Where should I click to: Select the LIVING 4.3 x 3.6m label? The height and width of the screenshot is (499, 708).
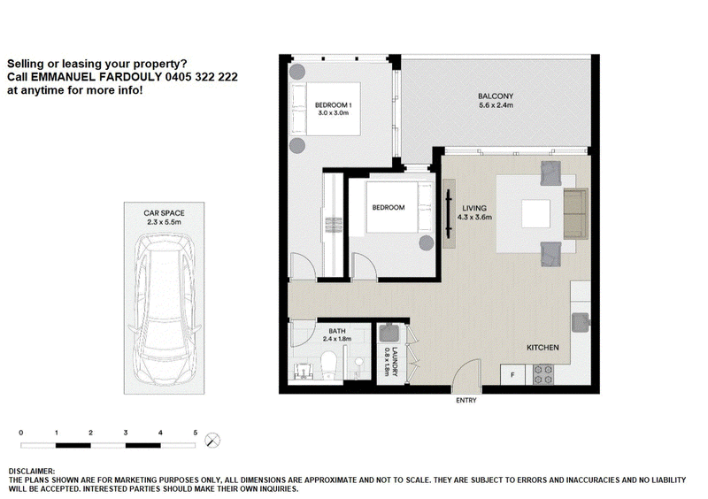pyautogui.click(x=474, y=212)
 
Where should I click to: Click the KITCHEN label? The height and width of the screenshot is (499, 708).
pyautogui.click(x=543, y=348)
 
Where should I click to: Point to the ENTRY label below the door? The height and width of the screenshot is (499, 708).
pyautogui.click(x=466, y=400)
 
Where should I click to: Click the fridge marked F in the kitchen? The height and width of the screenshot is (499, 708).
pyautogui.click(x=512, y=375)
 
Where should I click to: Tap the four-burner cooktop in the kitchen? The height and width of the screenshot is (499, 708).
pyautogui.click(x=543, y=375)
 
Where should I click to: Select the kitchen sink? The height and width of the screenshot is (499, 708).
pyautogui.click(x=581, y=323)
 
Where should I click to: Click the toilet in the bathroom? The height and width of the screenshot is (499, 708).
pyautogui.click(x=328, y=365)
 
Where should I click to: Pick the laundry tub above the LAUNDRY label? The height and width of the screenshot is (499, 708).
pyautogui.click(x=388, y=333)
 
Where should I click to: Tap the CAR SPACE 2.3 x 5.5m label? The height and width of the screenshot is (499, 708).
pyautogui.click(x=164, y=218)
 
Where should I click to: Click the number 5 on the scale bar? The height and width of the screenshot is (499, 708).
pyautogui.click(x=195, y=433)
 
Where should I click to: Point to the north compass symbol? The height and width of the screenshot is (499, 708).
pyautogui.click(x=212, y=441)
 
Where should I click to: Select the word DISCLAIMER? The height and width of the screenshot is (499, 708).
pyautogui.click(x=32, y=472)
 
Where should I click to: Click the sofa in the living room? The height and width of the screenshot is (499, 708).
pyautogui.click(x=576, y=213)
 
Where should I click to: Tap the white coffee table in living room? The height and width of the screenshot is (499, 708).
pyautogui.click(x=536, y=213)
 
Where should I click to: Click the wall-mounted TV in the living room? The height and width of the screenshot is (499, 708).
pyautogui.click(x=449, y=213)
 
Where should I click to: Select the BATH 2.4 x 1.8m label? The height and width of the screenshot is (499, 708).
pyautogui.click(x=337, y=334)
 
